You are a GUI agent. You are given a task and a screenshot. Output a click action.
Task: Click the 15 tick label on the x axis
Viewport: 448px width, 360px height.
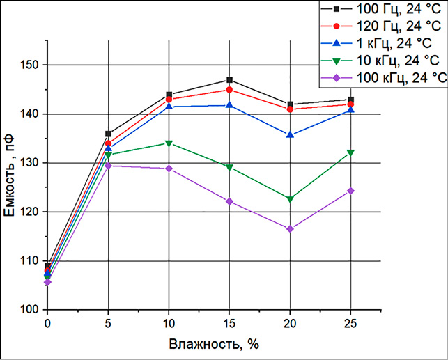click(229, 324)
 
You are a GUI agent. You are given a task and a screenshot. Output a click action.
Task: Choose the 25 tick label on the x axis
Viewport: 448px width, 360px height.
click(350, 324)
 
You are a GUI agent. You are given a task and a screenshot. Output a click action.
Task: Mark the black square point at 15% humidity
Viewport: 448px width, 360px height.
click(229, 80)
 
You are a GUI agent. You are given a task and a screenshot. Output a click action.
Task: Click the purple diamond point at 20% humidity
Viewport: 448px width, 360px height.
click(290, 229)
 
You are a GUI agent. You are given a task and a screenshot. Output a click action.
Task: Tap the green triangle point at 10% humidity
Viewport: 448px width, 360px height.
click(169, 143)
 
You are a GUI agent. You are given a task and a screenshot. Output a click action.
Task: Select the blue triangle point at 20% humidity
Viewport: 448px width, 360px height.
click(290, 134)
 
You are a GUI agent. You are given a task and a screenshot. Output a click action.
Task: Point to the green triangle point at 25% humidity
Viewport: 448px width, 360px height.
click(350, 152)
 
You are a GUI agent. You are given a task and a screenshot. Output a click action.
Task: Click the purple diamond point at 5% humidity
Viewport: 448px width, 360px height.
click(108, 166)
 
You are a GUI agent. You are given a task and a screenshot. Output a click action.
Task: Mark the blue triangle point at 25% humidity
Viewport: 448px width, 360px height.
click(350, 109)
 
